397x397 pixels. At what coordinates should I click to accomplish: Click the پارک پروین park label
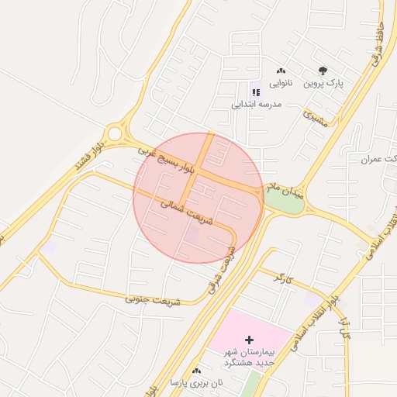323,82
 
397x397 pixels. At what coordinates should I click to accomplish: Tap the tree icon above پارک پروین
323,71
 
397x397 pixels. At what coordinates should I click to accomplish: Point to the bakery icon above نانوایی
281,71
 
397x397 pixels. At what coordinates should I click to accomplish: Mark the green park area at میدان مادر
274,201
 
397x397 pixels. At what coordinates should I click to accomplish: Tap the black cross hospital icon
249,340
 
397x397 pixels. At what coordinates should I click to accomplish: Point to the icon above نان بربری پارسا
195,371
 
